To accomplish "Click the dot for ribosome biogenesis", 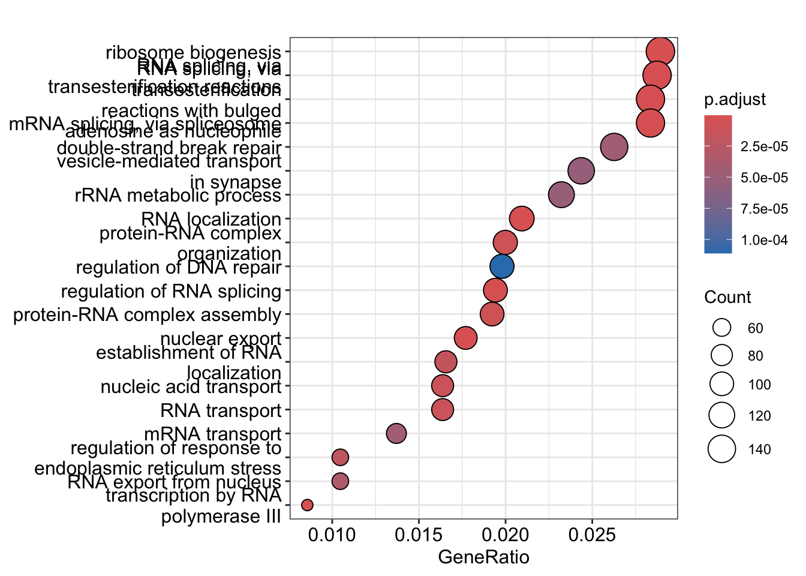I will [661, 52].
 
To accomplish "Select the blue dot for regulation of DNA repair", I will [501, 266].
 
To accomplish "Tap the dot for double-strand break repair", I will [614, 147].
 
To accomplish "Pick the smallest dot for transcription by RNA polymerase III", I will [307, 505].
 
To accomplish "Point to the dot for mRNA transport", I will [396, 433].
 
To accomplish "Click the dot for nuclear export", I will [466, 338].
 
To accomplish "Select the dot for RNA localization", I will [522, 218].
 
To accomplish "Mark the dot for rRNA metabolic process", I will [561, 195].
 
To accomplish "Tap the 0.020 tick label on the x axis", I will [505, 535].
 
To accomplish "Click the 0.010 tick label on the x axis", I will [332, 535].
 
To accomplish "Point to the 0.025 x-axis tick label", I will [592, 535].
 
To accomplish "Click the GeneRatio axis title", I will [484, 557].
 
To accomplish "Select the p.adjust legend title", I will [735, 100].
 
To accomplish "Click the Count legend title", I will [727, 298].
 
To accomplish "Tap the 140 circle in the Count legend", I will [722, 449].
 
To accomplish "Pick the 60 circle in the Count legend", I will [722, 328].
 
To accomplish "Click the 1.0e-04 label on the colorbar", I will [764, 241].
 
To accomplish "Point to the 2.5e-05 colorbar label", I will [764, 147].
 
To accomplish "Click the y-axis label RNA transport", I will [221, 410].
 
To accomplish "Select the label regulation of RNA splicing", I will [171, 292].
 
